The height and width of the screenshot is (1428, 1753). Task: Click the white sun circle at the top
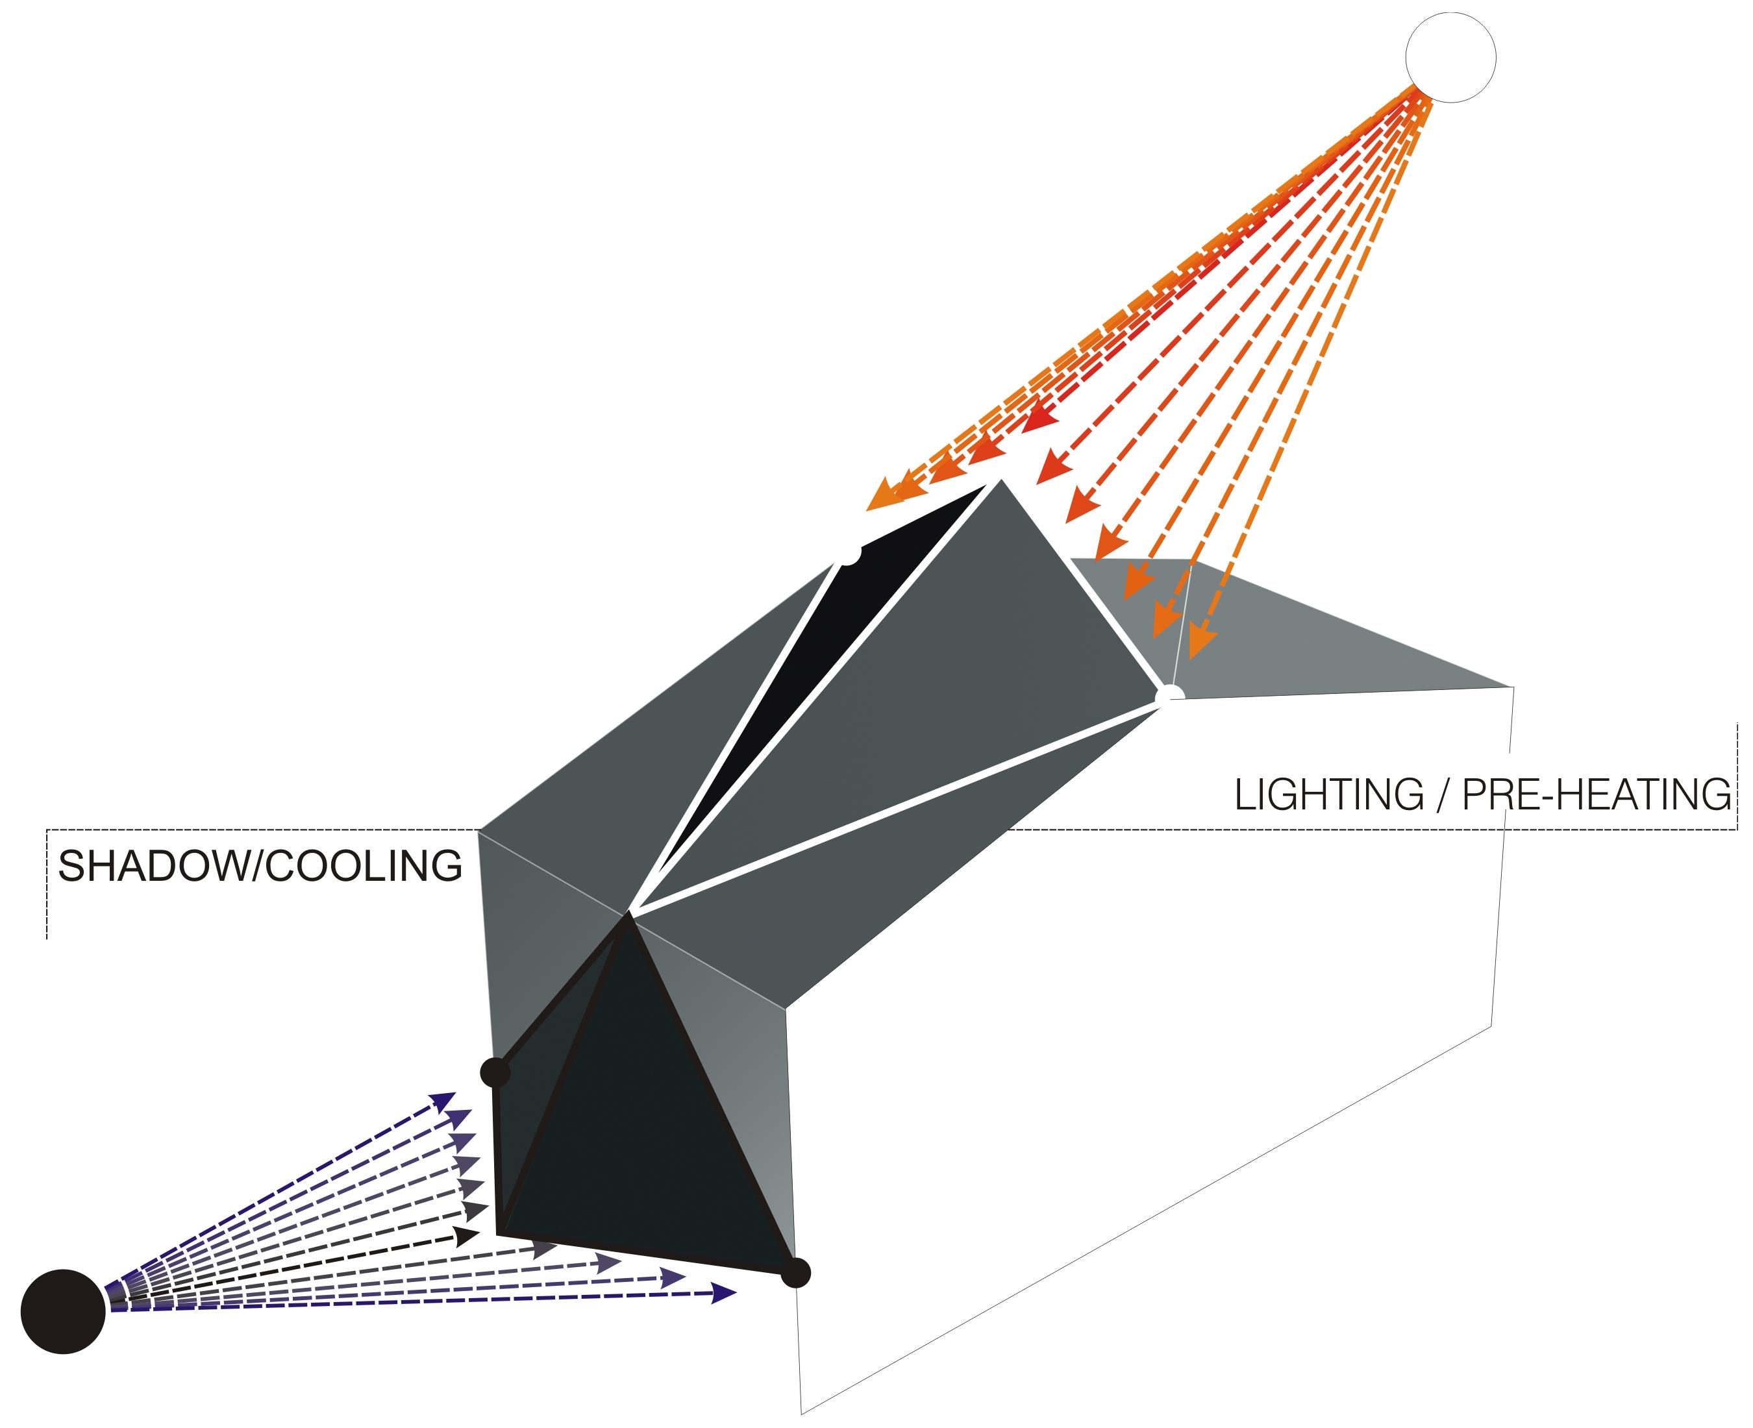click(x=1450, y=58)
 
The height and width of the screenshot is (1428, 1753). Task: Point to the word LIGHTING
click(x=1328, y=794)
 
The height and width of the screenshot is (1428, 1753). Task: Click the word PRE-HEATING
click(x=1597, y=794)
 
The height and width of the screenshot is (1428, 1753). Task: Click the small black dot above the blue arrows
click(x=495, y=1072)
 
